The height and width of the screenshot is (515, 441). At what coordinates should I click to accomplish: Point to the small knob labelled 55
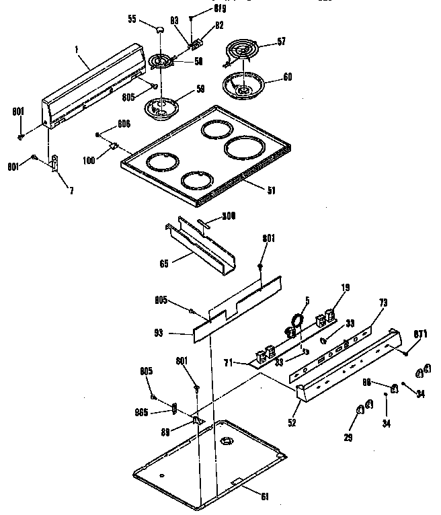pos(160,29)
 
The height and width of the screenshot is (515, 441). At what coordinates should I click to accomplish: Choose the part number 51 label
pos(271,190)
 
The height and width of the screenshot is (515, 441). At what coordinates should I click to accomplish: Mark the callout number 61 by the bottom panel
pos(265,496)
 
